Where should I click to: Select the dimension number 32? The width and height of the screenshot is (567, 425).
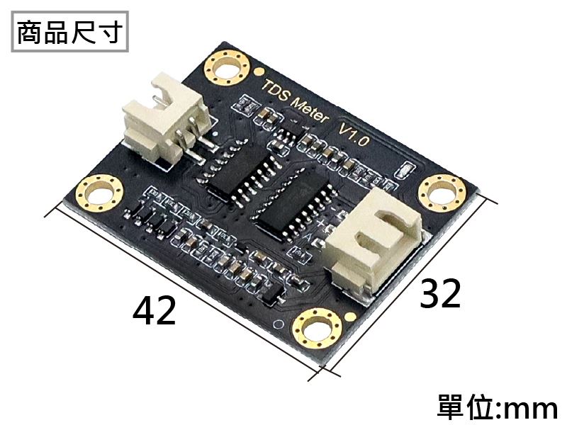(x=440, y=293)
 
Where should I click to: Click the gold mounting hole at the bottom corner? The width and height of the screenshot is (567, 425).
(x=316, y=329)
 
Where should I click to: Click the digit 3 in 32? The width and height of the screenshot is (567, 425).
(x=430, y=293)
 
